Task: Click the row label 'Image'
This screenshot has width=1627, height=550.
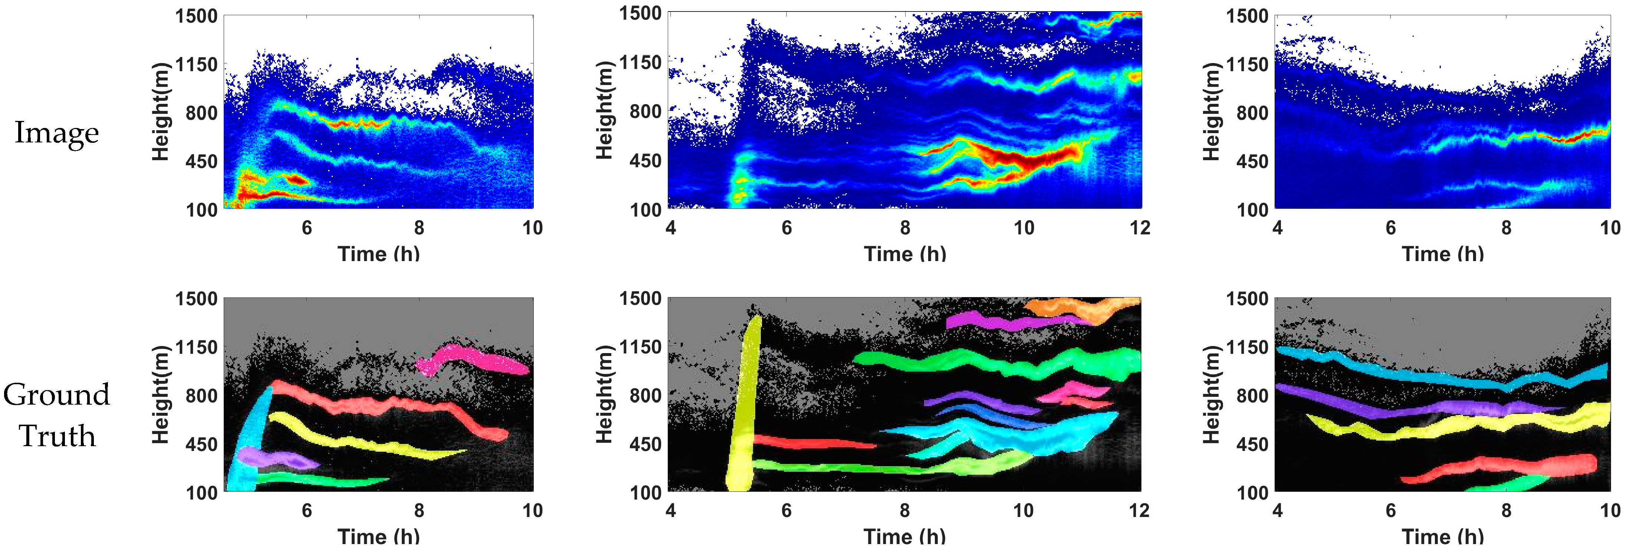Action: click(x=57, y=133)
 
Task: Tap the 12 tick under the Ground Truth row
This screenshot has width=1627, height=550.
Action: click(x=1139, y=510)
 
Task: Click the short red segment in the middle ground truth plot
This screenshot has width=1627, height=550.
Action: click(x=815, y=443)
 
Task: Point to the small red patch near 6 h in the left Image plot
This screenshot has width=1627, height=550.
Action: click(x=297, y=180)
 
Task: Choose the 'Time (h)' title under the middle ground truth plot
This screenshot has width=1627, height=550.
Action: click(x=904, y=537)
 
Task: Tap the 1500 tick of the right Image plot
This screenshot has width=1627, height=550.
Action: click(x=1248, y=16)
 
